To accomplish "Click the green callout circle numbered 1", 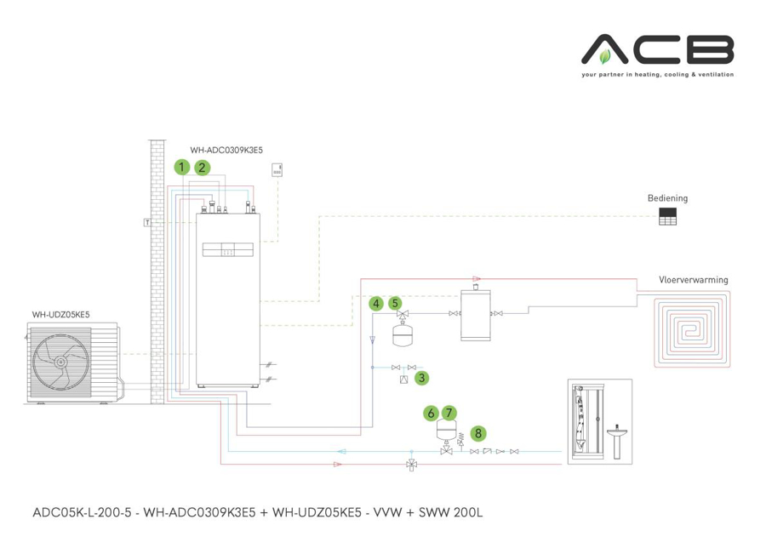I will (x=181, y=167).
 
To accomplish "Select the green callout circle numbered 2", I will (x=202, y=167).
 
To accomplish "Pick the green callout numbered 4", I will (x=375, y=303).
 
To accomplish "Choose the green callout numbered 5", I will (x=395, y=303).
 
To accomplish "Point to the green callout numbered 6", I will (x=432, y=413).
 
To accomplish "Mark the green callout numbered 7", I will (x=449, y=413).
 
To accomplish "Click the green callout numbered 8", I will (x=479, y=433).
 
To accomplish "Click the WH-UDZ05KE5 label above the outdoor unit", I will (x=60, y=315).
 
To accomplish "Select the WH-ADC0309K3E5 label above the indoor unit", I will (x=226, y=150).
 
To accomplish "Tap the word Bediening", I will (x=667, y=198).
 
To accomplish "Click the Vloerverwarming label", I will (x=693, y=280).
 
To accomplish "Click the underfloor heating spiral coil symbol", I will (x=692, y=328).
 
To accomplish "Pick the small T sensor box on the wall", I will (x=148, y=222).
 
